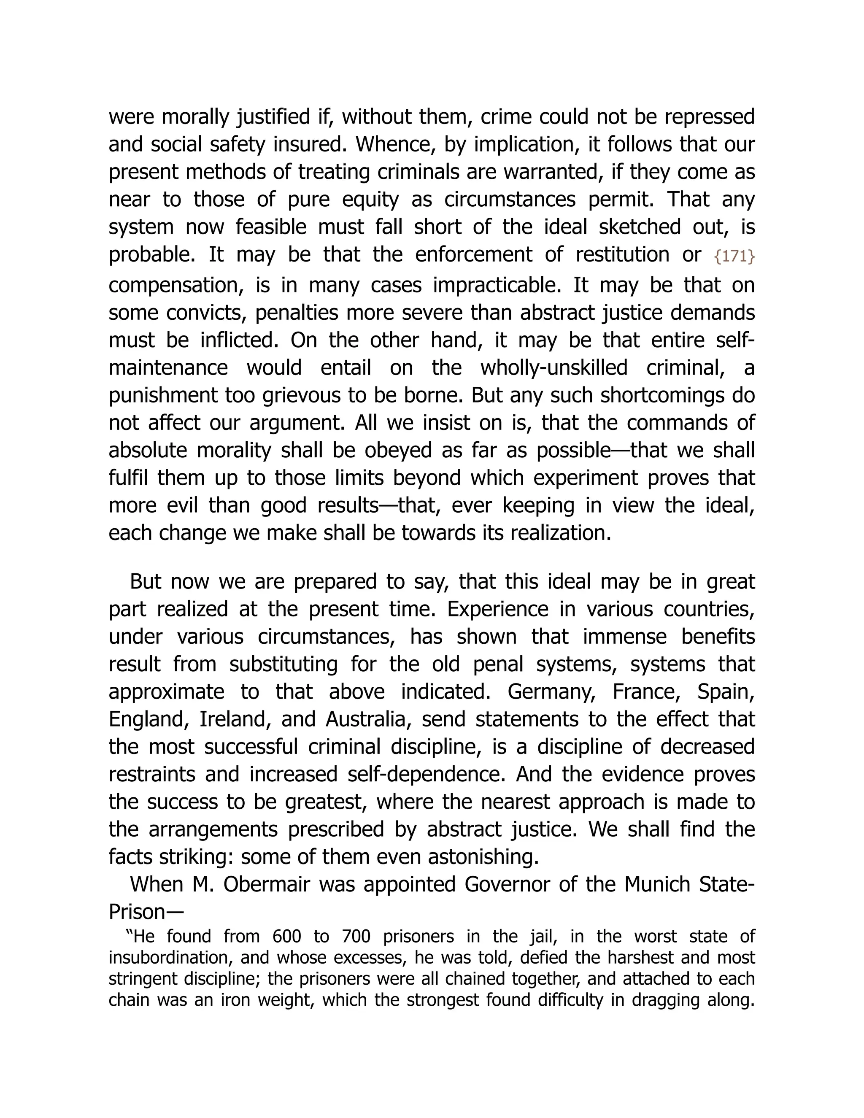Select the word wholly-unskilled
[x=554, y=367]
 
